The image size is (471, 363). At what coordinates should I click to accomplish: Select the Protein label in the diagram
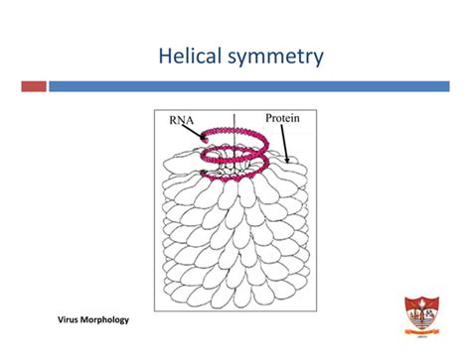[282, 118]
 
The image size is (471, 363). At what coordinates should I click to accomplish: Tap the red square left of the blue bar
[33, 86]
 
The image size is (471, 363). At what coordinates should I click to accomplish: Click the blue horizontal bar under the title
[258, 86]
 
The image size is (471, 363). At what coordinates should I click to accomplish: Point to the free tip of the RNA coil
[204, 140]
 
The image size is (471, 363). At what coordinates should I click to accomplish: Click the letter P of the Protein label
[269, 118]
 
